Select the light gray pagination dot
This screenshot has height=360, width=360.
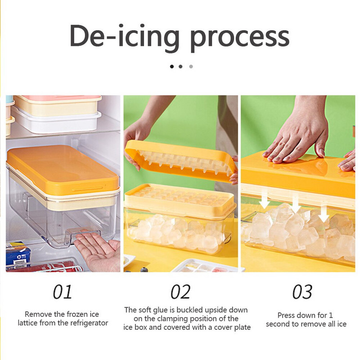coord(191,67)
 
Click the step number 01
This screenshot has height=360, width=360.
coord(63,292)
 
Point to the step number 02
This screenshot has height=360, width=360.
coord(180,292)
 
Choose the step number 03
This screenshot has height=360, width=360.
coord(302,292)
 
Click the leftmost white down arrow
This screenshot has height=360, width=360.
coord(265,200)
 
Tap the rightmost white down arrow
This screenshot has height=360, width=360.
coord(324,213)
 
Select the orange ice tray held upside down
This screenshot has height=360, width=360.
coord(181,161)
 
